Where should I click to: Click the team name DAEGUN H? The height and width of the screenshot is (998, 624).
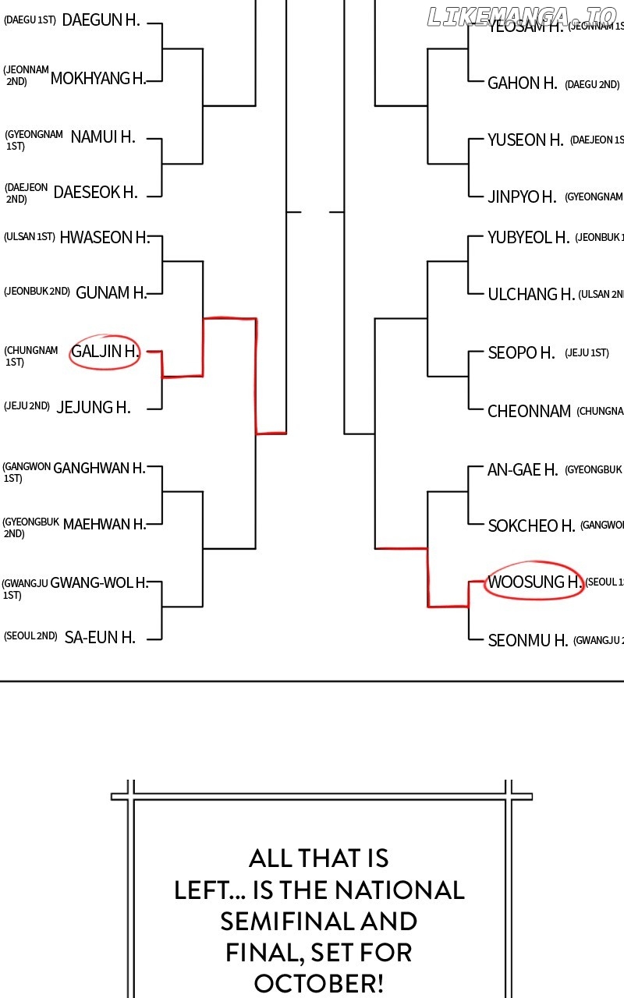coord(101,20)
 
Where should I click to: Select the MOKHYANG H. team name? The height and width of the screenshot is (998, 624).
coord(97,78)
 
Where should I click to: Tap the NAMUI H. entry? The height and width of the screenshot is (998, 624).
coord(102,136)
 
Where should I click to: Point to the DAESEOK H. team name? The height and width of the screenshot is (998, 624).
coord(95,192)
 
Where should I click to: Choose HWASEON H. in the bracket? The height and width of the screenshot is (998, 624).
coord(104,237)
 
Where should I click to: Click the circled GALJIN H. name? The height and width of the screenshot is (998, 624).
coord(105,352)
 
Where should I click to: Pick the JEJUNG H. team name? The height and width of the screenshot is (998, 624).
coord(94,407)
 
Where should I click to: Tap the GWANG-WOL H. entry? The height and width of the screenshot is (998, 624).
coord(98,582)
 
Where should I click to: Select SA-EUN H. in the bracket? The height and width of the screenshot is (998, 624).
coord(100,637)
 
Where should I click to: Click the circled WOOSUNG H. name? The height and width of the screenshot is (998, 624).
coord(534,582)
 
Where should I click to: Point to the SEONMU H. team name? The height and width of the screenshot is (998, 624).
coord(527,641)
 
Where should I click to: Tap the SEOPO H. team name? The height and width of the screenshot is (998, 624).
coord(521,353)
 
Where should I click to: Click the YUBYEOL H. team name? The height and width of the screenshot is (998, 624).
coord(528,237)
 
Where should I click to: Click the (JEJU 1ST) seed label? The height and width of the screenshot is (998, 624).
coord(587,353)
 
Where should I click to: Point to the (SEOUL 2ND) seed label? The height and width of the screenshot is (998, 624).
coord(30,636)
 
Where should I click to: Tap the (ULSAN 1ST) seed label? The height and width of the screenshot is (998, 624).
coord(29,237)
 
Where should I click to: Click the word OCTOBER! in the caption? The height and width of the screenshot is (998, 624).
coord(319,983)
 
